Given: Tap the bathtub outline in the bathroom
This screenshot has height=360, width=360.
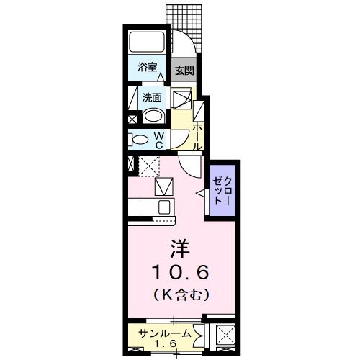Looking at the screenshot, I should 148,42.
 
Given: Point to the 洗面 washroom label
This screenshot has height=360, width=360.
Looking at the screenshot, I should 150,96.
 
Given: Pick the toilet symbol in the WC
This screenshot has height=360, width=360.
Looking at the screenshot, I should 141,140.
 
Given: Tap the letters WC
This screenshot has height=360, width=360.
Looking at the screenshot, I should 160,140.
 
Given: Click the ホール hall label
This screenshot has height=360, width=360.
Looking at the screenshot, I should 197,135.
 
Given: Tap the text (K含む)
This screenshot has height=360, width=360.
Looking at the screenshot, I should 180,294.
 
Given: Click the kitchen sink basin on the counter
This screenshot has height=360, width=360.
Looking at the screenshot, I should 163,208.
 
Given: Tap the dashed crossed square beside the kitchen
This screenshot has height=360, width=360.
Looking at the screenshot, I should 148,166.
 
